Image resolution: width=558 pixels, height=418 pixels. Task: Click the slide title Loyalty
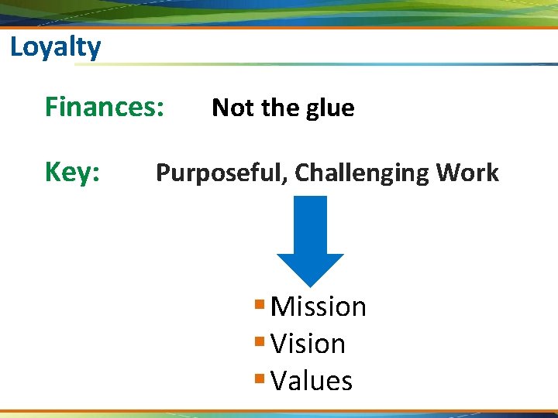point(55,48)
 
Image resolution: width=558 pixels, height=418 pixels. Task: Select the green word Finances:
point(104,107)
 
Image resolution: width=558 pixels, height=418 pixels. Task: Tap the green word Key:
point(72,172)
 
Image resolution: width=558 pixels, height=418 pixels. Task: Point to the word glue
point(329,108)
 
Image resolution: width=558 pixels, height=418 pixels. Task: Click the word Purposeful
point(221,173)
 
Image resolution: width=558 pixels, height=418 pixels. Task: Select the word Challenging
point(362,173)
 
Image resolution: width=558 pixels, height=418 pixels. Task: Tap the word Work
point(467,173)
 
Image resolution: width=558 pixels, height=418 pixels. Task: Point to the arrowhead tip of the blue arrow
point(310,286)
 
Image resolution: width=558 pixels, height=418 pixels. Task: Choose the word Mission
point(318,307)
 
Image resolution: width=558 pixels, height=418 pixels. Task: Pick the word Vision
point(308,344)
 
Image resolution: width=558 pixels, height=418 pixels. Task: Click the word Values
point(312,381)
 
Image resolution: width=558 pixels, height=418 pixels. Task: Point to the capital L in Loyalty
point(16,48)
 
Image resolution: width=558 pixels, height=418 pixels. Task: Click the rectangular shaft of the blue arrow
point(310,224)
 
